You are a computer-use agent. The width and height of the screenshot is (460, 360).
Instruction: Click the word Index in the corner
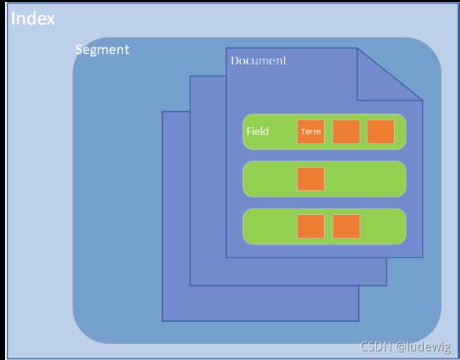(33, 18)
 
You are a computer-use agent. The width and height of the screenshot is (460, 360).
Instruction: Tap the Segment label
(103, 50)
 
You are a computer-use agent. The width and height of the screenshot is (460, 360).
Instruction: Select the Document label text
(258, 61)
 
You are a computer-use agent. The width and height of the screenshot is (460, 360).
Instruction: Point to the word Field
(258, 131)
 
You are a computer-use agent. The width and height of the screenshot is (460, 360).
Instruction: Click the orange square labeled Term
(311, 132)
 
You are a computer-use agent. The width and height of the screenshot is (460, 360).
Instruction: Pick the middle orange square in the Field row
(346, 132)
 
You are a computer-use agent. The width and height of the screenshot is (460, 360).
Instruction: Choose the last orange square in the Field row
(381, 132)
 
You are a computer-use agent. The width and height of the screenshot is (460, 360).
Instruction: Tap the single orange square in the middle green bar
(311, 179)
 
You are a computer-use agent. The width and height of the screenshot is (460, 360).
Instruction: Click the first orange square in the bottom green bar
(311, 226)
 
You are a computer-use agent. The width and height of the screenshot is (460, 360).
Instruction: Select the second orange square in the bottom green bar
(346, 226)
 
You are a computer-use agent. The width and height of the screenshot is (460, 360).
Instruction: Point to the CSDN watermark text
(376, 347)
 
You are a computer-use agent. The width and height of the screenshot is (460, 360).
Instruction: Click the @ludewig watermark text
(423, 347)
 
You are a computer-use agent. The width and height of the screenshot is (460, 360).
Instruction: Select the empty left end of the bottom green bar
(270, 226)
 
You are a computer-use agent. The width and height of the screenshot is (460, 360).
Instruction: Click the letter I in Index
(13, 18)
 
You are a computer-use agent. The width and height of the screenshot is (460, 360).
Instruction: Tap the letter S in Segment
(79, 50)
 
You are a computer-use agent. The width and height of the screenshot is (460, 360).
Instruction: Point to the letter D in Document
(234, 61)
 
